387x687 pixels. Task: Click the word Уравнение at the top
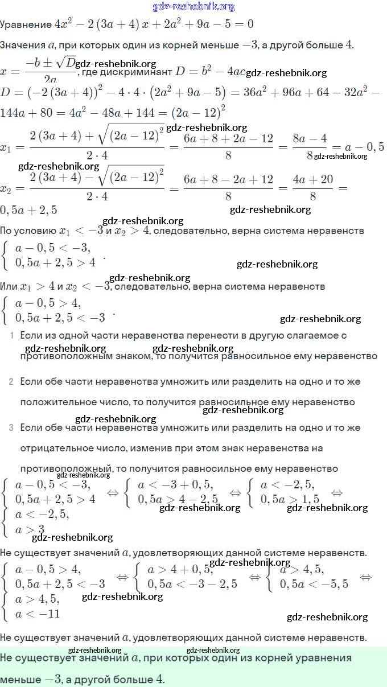(26, 25)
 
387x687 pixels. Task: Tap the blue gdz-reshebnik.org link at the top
(193, 7)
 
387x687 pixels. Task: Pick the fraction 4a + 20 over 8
(312, 187)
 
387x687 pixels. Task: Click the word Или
(9, 286)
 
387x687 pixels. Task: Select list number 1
(11, 336)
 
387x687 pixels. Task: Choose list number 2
(11, 381)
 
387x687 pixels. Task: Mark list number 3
(11, 427)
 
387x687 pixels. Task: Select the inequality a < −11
(37, 614)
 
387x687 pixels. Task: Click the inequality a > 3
(30, 529)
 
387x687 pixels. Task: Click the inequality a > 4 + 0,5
(180, 570)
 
